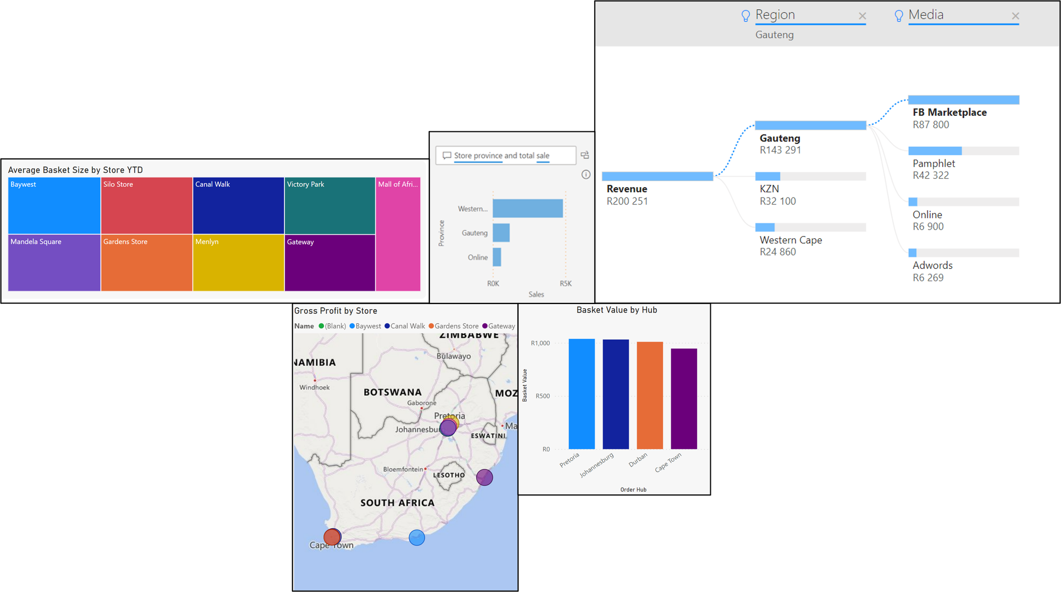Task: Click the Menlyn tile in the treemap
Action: [x=238, y=262]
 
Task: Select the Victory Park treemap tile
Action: [x=330, y=206]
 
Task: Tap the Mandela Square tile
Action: [x=54, y=262]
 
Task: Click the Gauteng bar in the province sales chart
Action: [x=501, y=233]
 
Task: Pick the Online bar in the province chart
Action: [x=497, y=257]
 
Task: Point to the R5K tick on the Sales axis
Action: [x=565, y=283]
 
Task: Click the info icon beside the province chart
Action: [x=586, y=175]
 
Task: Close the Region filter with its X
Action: [x=862, y=16]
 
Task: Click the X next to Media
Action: [x=1015, y=16]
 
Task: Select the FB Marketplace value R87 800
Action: [x=931, y=125]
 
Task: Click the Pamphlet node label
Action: [x=934, y=164]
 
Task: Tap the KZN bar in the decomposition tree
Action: [x=767, y=176]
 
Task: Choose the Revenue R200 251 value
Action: [x=627, y=201]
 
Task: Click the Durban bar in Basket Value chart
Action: [x=650, y=395]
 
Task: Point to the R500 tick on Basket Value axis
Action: [x=542, y=396]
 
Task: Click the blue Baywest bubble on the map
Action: [x=416, y=538]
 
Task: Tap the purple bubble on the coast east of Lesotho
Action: [x=484, y=477]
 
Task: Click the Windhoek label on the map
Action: [x=314, y=387]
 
